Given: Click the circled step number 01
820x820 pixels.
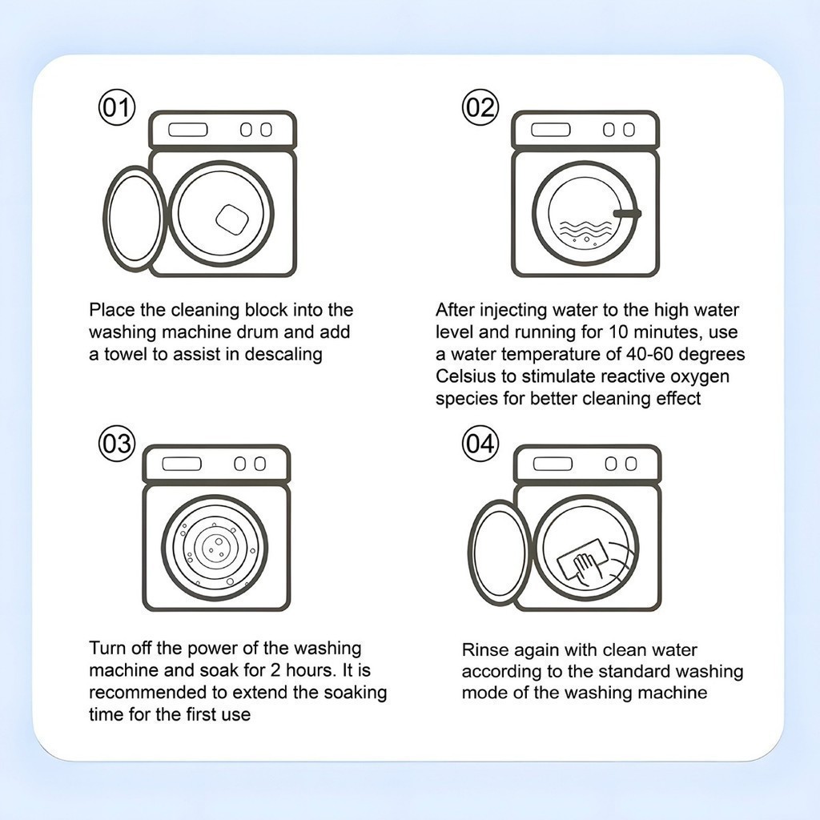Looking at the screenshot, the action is [117, 108].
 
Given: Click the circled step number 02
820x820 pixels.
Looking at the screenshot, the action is [480, 108].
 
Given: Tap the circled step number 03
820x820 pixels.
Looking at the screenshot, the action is [117, 444].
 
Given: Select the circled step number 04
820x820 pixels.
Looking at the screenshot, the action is [480, 444].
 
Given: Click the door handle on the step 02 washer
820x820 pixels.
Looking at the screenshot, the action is [628, 213].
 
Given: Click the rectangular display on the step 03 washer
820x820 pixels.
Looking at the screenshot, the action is [182, 464].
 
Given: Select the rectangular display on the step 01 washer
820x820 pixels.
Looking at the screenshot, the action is [188, 130].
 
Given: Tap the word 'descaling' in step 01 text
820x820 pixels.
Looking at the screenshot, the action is [283, 355].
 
